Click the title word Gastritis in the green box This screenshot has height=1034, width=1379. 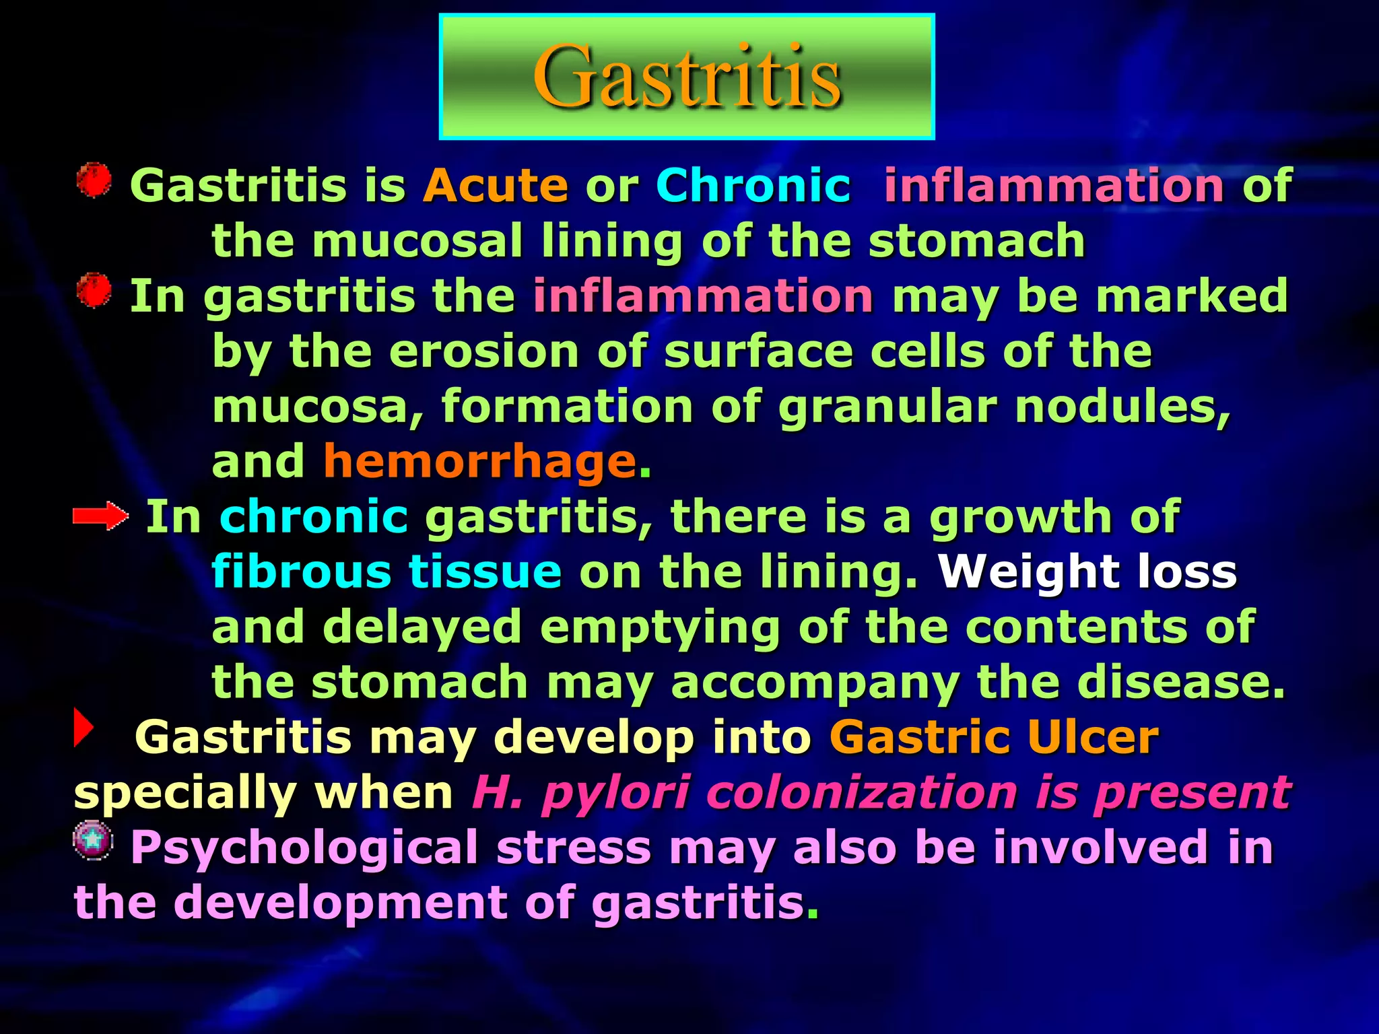pyautogui.click(x=687, y=76)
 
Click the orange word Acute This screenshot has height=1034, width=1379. pyautogui.click(x=496, y=186)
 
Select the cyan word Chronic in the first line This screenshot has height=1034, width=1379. pyautogui.click(x=753, y=186)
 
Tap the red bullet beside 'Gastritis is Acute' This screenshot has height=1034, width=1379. pyautogui.click(x=94, y=180)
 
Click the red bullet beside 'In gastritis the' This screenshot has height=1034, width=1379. pyautogui.click(x=94, y=291)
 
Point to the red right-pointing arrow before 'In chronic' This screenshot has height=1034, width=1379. pyautogui.click(x=100, y=516)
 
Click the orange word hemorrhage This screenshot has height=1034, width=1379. pyautogui.click(x=480, y=462)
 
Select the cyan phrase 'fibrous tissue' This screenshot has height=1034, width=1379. pyautogui.click(x=386, y=572)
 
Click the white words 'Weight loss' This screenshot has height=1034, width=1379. pyautogui.click(x=1087, y=572)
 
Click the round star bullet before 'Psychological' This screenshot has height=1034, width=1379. pyautogui.click(x=93, y=840)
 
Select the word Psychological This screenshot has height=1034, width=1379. pyautogui.click(x=304, y=848)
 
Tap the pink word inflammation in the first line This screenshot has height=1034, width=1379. pyautogui.click(x=1054, y=186)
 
